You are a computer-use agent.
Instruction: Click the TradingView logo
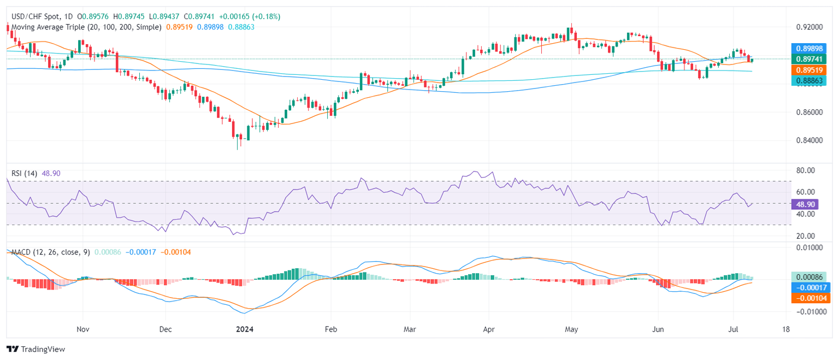[36, 349]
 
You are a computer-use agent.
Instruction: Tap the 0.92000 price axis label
[808, 27]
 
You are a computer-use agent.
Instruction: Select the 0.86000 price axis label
[808, 112]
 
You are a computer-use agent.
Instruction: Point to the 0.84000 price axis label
[808, 140]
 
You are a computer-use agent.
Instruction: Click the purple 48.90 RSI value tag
[804, 203]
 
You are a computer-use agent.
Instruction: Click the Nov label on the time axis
[83, 329]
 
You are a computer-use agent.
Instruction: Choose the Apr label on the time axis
[489, 329]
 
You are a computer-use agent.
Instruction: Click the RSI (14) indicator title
[25, 173]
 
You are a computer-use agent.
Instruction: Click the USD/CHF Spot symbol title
[39, 16]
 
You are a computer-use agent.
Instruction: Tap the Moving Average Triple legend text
[85, 27]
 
